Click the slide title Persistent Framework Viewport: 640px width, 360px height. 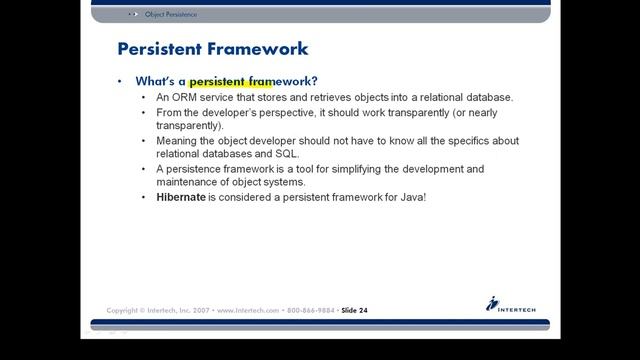coord(213,48)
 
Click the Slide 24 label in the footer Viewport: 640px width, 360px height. coord(354,310)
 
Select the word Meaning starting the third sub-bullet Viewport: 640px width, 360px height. coord(178,141)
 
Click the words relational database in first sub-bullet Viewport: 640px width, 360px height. coord(460,97)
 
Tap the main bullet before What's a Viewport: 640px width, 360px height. coord(120,80)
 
